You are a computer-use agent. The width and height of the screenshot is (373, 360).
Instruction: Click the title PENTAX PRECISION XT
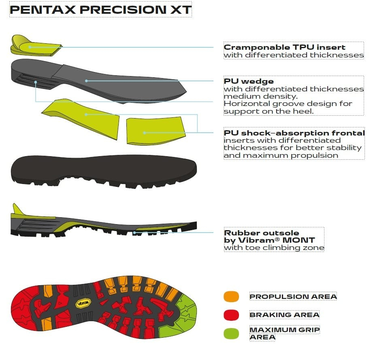[100, 10]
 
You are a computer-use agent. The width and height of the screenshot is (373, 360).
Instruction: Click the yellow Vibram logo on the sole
[83, 303]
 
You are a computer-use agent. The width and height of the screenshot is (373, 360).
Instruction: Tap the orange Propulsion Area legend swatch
[231, 296]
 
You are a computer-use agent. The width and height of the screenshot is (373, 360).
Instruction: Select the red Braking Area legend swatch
[231, 315]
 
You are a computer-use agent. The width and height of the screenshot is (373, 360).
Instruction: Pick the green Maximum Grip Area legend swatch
[231, 334]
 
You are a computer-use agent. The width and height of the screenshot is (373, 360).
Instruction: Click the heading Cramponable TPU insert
[284, 47]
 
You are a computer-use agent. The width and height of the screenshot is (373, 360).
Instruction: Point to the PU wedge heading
[249, 81]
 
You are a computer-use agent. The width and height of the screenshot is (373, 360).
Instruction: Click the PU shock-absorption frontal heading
[294, 133]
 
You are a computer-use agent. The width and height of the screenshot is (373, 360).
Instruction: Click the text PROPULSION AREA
[293, 296]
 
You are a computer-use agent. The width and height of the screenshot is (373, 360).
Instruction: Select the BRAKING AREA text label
[284, 315]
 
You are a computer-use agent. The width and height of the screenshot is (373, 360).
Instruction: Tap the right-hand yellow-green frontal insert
[156, 131]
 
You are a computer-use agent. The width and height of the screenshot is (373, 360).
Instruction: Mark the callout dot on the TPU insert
[30, 47]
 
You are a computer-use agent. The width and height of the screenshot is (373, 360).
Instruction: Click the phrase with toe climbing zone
[274, 248]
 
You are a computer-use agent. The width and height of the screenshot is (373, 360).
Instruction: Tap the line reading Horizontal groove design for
[288, 104]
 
